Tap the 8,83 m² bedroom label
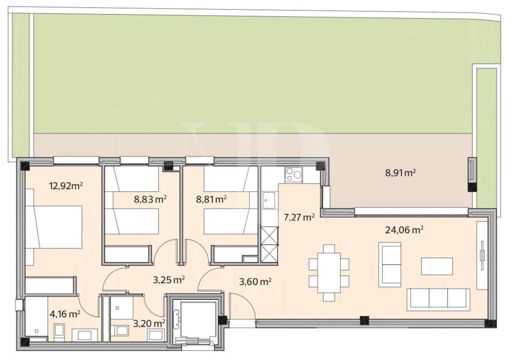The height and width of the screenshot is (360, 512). pos(150,199)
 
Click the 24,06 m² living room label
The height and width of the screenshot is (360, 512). pos(404,230)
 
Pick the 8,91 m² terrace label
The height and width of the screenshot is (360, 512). pos(400,172)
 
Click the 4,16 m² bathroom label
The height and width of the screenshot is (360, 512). pos(64,314)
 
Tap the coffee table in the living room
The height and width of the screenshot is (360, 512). pos(437,266)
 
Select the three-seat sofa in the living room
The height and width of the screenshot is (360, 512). pos(438,299)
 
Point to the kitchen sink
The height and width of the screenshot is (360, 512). pos(269,198)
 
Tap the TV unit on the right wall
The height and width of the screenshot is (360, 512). pos(482,256)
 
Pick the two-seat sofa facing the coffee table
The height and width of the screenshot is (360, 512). pos(390,265)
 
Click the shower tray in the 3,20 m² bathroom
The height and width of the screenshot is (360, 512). pos(121,307)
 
